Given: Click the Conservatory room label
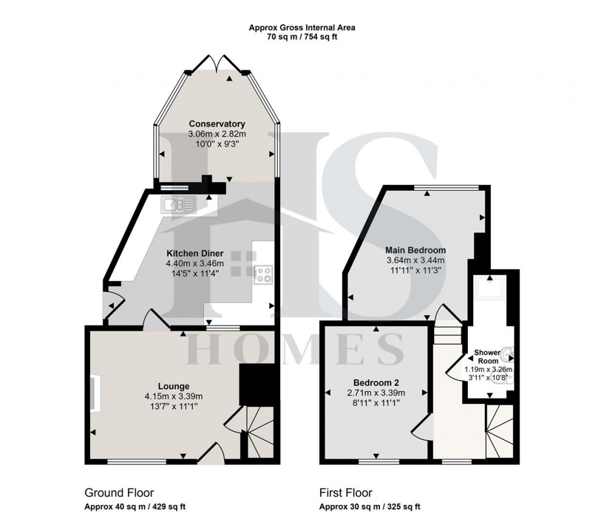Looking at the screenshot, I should (x=216, y=124).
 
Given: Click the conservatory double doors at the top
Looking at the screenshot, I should (x=216, y=63).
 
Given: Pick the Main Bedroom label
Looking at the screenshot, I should (x=415, y=250).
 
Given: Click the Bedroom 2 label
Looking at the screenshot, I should (x=376, y=382).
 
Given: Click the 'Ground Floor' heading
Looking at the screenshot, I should (x=120, y=493).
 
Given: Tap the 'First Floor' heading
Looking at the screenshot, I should (x=346, y=493).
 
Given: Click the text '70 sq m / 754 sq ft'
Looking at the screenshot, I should (x=301, y=37).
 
